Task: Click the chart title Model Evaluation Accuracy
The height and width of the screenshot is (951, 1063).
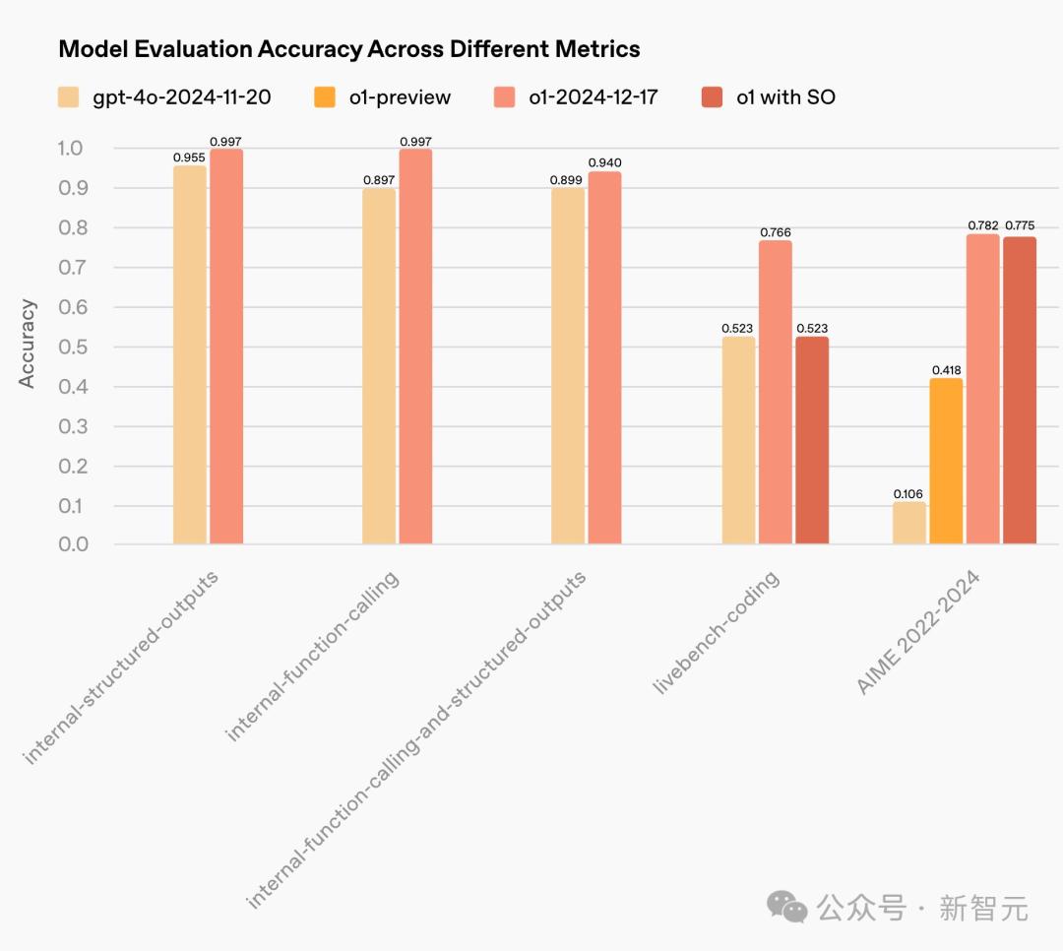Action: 349,49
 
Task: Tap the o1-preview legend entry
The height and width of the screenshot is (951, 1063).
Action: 383,96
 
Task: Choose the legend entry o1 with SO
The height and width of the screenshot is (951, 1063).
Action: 768,96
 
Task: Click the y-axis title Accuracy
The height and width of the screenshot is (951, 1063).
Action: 28,344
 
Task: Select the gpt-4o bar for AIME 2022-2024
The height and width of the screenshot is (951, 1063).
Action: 909,523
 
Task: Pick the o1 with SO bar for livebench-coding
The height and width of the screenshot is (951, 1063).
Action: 812,440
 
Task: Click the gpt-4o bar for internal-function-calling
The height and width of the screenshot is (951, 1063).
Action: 379,366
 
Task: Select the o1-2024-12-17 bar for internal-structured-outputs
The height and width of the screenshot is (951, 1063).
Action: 226,347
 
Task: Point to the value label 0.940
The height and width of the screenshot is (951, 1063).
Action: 604,162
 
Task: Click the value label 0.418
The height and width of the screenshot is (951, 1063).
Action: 946,370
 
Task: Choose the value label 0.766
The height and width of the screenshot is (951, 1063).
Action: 776,232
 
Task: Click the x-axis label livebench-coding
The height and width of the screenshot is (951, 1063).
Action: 718,632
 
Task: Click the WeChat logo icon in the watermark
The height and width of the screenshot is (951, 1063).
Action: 787,908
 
